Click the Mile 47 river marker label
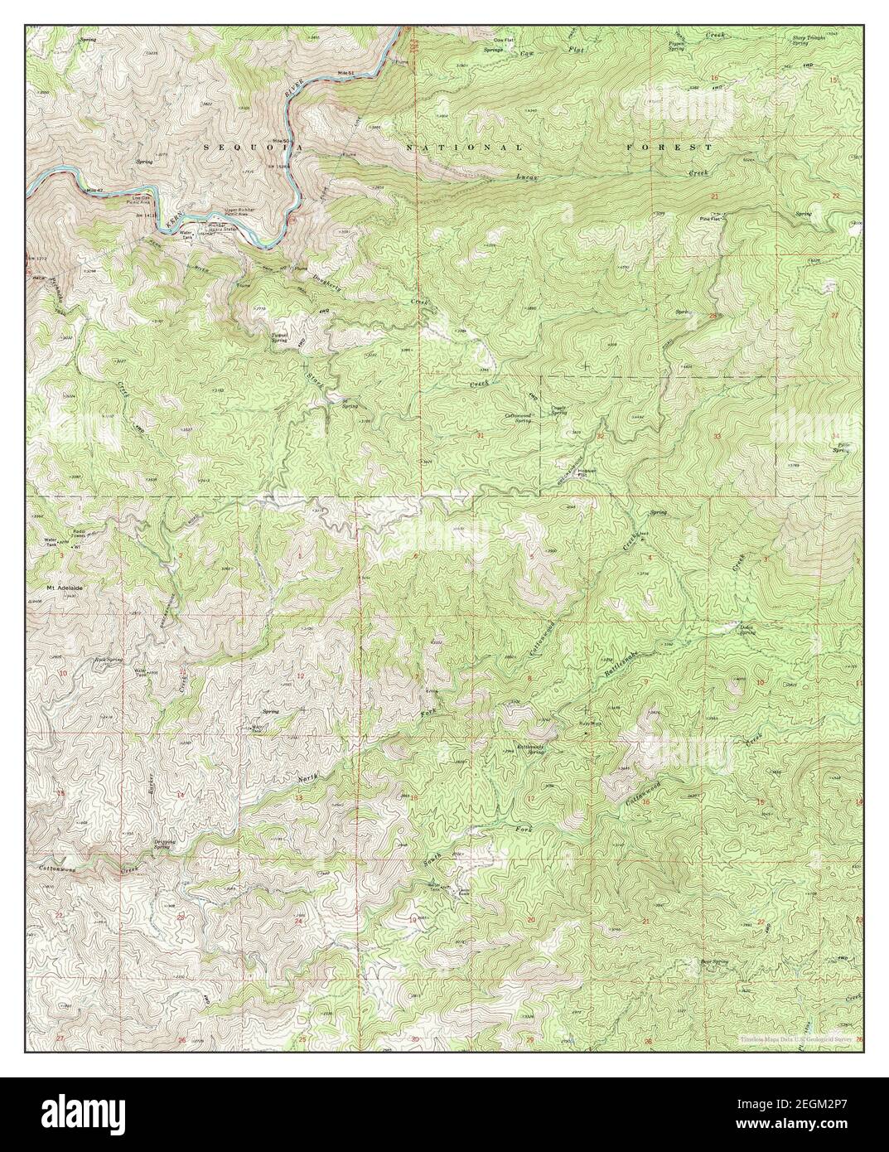pos(94,191)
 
